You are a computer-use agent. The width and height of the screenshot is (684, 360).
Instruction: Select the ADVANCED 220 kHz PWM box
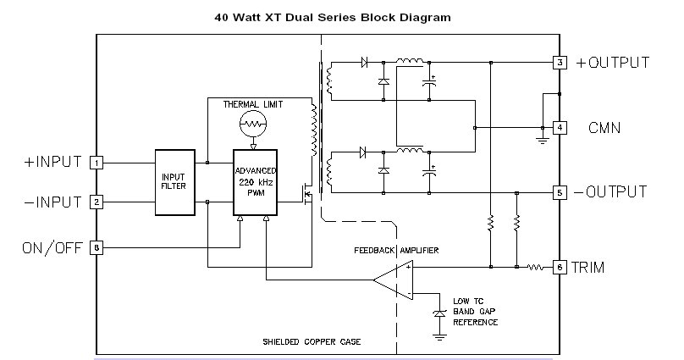tap(256, 182)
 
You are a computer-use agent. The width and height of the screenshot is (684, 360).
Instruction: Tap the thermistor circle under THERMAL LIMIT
tap(251, 125)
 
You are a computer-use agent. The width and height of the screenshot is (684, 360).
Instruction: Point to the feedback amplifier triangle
tap(394, 280)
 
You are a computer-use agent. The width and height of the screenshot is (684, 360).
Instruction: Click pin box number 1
tap(97, 162)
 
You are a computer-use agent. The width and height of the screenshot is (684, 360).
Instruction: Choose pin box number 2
tap(97, 202)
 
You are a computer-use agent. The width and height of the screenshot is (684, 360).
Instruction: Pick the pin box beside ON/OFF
tap(97, 248)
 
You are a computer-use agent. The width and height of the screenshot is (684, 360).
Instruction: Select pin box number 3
tap(560, 63)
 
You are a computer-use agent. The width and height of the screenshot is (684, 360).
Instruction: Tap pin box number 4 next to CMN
tap(560, 128)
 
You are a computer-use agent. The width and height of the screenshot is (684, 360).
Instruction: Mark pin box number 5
tap(560, 192)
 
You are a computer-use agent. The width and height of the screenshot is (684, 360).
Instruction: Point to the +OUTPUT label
tap(613, 63)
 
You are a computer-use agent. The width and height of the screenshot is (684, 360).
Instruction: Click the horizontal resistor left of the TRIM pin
tap(536, 267)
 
